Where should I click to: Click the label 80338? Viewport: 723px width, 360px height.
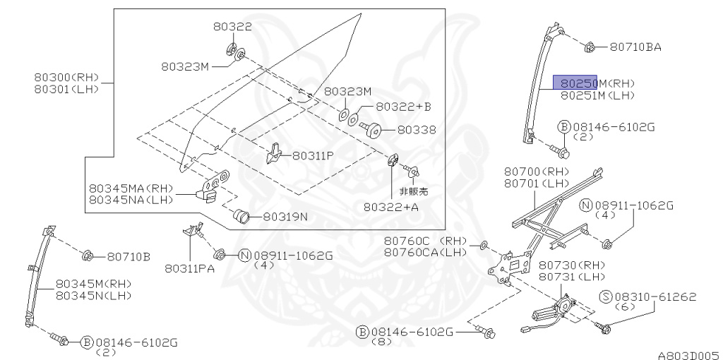417,130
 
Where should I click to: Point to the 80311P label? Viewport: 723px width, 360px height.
313,155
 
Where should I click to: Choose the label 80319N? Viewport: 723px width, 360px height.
285,216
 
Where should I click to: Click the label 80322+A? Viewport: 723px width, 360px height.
391,207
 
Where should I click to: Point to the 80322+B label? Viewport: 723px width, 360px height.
403,107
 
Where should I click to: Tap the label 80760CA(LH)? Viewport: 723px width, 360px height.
426,252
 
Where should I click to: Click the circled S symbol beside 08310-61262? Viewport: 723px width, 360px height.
606,298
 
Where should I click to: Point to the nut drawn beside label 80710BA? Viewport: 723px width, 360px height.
591,48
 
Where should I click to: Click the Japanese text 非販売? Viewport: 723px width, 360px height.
414,191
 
